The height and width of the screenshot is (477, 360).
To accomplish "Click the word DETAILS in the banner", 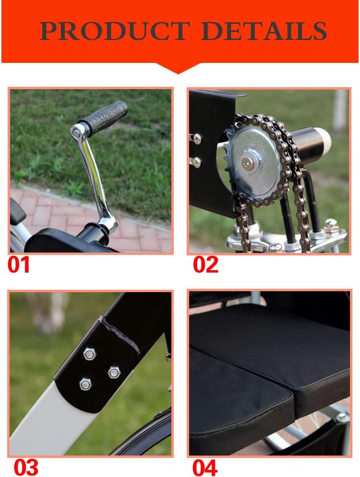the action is [264, 30].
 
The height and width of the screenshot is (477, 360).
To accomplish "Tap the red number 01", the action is [19, 264].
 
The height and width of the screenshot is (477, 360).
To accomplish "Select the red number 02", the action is [206, 264].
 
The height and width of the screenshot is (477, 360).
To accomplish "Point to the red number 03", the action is [26, 467].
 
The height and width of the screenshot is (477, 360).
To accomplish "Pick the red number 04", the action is [205, 467].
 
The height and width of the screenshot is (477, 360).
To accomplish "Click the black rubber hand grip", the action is [104, 117].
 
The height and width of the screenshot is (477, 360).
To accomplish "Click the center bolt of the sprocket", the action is [248, 163].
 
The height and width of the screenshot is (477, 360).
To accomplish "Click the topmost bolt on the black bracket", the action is [90, 354].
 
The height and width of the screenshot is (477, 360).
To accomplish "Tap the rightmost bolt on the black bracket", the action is [114, 372].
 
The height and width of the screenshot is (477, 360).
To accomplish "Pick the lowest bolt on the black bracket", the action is [85, 385].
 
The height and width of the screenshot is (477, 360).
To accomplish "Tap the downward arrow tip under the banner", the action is [179, 73].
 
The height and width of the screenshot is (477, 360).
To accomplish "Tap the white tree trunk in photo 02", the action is [340, 111].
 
